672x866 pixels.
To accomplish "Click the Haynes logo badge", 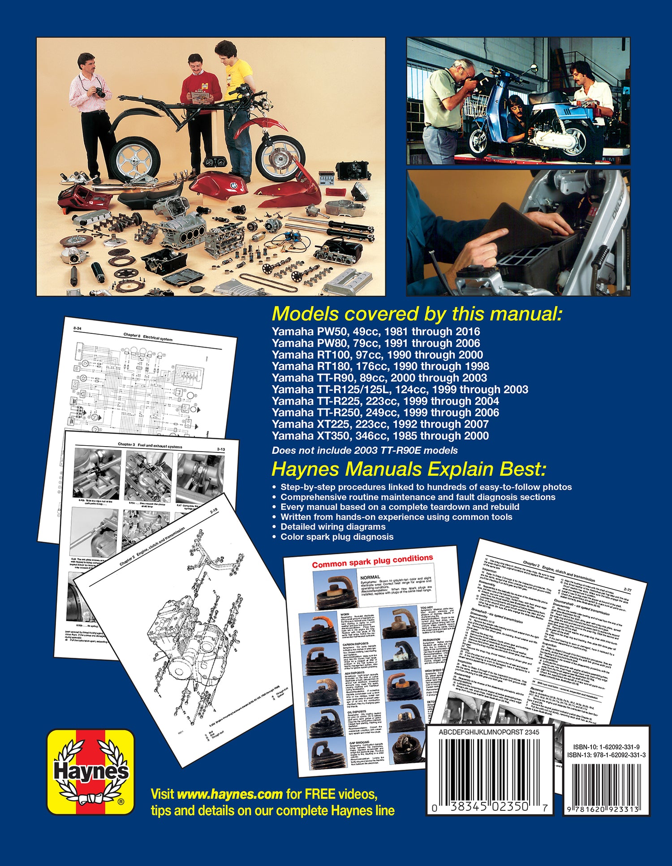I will [x=90, y=771].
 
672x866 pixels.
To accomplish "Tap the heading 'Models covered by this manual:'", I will [x=417, y=314].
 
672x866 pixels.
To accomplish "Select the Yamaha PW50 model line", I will [x=375, y=332].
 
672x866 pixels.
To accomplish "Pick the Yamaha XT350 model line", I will [x=380, y=435].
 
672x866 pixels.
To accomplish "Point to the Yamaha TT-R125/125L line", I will [x=400, y=389].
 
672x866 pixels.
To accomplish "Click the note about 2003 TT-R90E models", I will [x=365, y=451].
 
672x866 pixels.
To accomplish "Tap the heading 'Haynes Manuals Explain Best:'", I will [x=409, y=470].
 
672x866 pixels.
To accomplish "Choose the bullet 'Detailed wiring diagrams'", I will [x=333, y=527].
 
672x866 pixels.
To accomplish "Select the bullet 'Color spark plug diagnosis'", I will [x=337, y=537].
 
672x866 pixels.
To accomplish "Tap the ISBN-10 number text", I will [x=606, y=747].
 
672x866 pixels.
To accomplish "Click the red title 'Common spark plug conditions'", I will [x=372, y=561].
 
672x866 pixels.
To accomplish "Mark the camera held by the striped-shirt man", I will [x=100, y=92].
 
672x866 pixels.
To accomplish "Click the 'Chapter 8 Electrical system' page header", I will [x=147, y=337].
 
